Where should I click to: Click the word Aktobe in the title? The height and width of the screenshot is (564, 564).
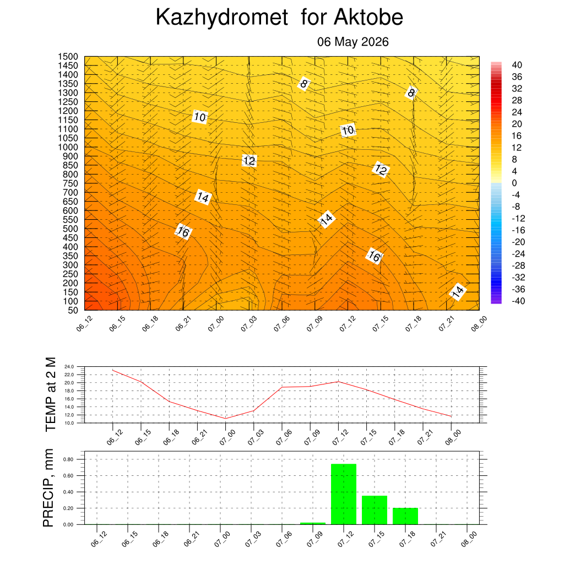pyautogui.click(x=368, y=17)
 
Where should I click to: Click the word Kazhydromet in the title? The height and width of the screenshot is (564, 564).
pyautogui.click(x=222, y=18)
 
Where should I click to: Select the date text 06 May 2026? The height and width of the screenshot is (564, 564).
pyautogui.click(x=353, y=42)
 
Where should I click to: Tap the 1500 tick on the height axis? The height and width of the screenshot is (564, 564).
pyautogui.click(x=68, y=57)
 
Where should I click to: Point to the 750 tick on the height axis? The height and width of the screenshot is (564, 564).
pyautogui.click(x=70, y=183)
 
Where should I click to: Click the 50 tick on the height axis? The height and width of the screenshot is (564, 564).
pyautogui.click(x=73, y=311)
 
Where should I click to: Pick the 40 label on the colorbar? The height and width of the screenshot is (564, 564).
pyautogui.click(x=517, y=65)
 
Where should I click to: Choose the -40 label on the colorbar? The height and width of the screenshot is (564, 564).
pyautogui.click(x=518, y=301)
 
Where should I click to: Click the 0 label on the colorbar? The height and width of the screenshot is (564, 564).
pyautogui.click(x=514, y=183)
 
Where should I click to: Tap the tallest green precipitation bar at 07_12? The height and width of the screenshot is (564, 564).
pyautogui.click(x=344, y=494)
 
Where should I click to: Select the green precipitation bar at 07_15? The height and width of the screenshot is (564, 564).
pyautogui.click(x=375, y=510)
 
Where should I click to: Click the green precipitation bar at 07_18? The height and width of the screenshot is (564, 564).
pyautogui.click(x=405, y=516)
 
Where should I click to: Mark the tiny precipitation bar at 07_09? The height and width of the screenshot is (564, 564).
pyautogui.click(x=313, y=524)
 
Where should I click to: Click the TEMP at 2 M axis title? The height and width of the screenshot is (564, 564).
pyautogui.click(x=51, y=394)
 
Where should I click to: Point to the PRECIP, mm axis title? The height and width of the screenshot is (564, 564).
pyautogui.click(x=48, y=488)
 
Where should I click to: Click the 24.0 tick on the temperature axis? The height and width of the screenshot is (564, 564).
pyautogui.click(x=69, y=367)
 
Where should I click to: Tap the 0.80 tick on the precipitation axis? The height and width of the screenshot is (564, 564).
pyautogui.click(x=68, y=460)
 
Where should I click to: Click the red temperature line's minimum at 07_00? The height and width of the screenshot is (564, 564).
pyautogui.click(x=225, y=419)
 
